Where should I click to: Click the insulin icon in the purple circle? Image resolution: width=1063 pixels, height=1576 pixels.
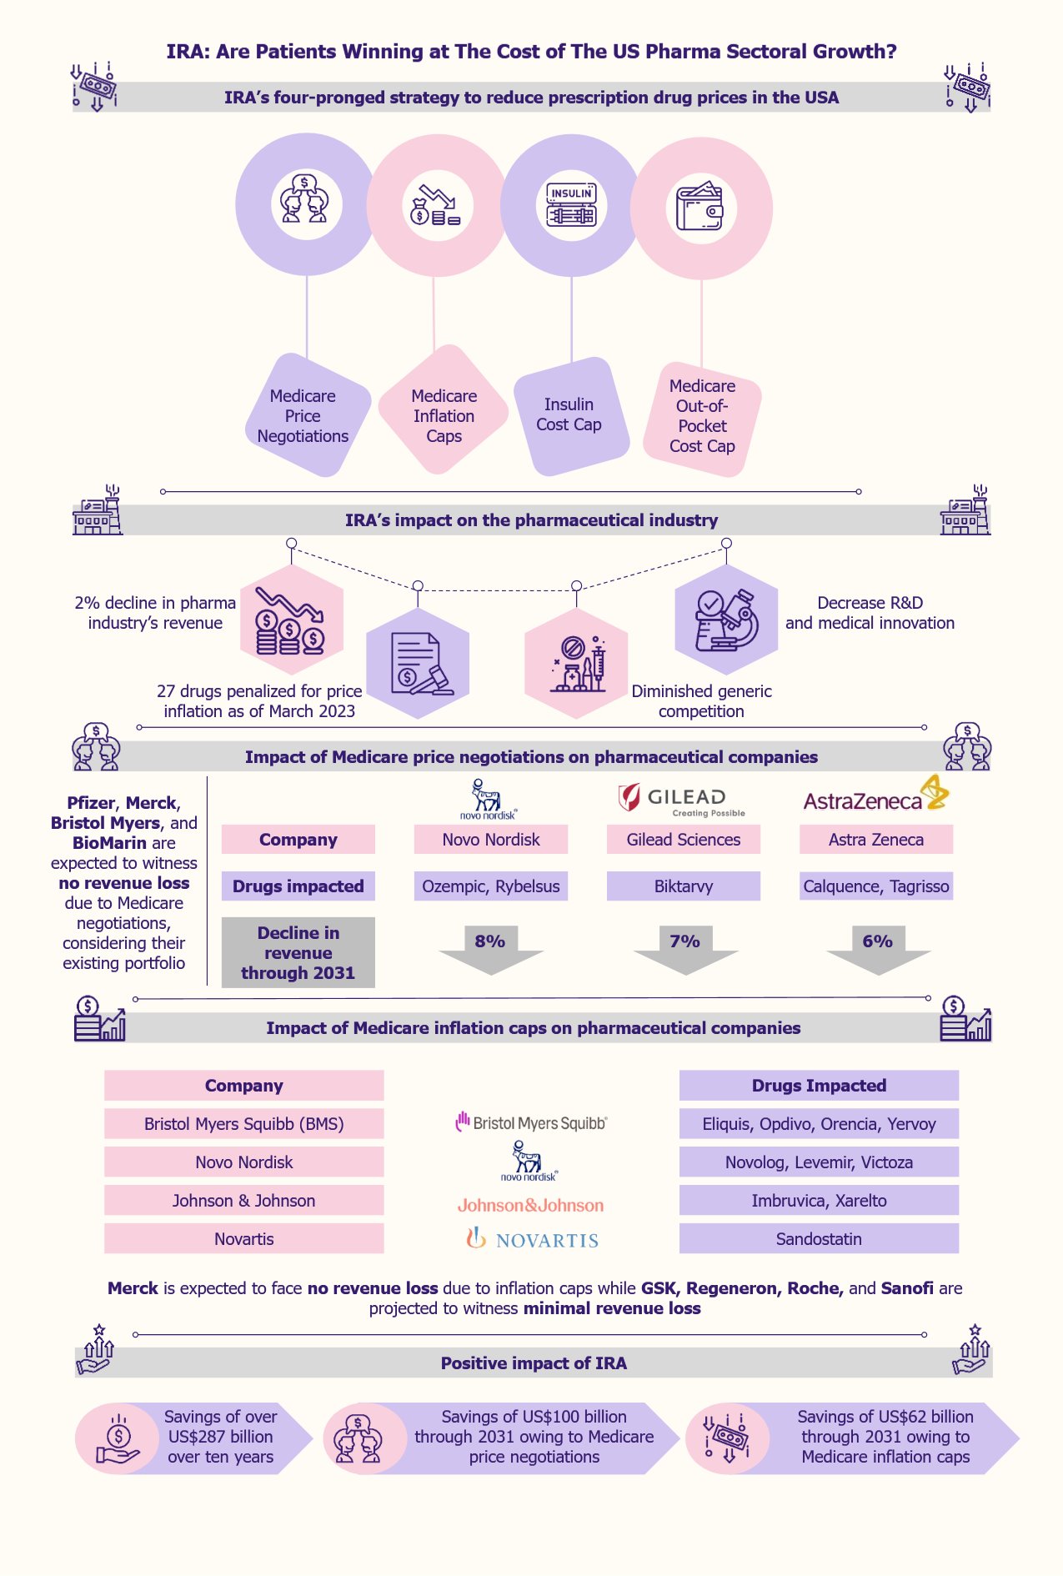click(x=571, y=205)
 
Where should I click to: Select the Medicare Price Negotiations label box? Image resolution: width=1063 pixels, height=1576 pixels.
click(x=303, y=416)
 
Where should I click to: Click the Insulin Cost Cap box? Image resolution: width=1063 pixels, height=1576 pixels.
click(x=569, y=415)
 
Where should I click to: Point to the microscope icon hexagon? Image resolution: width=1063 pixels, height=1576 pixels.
click(x=725, y=620)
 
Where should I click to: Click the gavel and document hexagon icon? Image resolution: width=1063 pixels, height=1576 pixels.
click(x=418, y=664)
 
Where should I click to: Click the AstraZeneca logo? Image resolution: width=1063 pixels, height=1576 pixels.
click(x=875, y=796)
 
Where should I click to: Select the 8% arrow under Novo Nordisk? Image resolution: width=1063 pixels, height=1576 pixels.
click(x=491, y=949)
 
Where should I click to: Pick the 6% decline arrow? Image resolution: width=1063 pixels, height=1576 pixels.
click(x=878, y=949)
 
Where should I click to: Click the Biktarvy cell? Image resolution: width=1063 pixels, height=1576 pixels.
click(x=683, y=886)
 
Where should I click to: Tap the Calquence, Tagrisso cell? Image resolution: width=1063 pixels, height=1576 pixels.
click(x=875, y=886)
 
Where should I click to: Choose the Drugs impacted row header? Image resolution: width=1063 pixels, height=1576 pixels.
click(x=298, y=886)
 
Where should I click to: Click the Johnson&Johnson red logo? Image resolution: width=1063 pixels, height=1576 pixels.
click(x=530, y=1205)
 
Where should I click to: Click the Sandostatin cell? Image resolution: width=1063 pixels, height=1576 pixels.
click(x=819, y=1239)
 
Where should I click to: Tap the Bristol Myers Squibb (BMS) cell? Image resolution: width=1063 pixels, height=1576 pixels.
click(x=243, y=1124)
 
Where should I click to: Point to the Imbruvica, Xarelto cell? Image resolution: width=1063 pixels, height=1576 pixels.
click(x=819, y=1201)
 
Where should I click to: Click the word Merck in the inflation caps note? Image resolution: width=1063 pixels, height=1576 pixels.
click(x=133, y=1288)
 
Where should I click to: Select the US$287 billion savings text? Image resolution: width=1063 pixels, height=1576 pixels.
click(x=220, y=1437)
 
